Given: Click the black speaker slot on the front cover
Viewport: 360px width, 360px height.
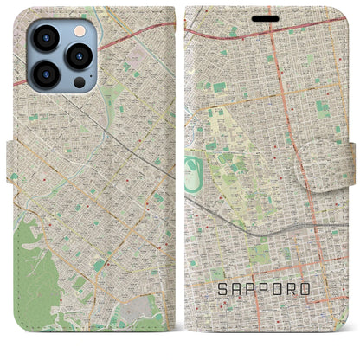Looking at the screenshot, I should pos(266,17).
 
